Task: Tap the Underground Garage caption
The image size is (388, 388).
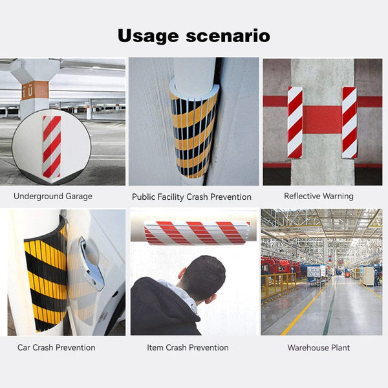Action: coord(53,196)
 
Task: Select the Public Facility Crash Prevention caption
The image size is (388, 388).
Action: coord(191,197)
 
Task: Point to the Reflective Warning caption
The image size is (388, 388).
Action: coord(319,195)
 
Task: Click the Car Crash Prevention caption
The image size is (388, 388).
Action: coord(56,347)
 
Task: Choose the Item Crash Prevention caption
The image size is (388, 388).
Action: coord(188,347)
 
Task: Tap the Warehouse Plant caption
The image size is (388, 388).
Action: coord(319,347)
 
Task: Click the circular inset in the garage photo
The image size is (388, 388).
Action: coord(52,147)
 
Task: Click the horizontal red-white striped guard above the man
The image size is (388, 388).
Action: coord(196,233)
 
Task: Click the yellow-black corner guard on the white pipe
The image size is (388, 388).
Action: coord(193,133)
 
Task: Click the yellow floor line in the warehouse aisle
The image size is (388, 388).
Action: coord(304,310)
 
